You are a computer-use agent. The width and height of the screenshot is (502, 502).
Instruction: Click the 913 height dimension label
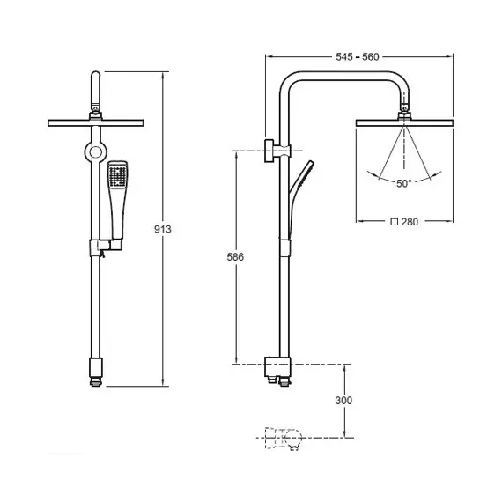163,229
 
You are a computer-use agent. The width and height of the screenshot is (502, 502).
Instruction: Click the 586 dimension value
235,257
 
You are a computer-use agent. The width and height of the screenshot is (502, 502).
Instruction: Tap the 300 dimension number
343,400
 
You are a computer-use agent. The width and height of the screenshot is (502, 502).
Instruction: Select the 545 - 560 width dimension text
358,57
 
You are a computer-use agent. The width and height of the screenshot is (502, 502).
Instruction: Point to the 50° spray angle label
403,183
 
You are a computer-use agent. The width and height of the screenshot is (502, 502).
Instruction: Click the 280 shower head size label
410,222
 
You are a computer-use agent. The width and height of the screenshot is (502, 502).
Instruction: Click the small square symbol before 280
395,222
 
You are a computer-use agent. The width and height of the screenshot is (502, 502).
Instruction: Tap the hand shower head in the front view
118,174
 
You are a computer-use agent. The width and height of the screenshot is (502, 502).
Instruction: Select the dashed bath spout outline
284,438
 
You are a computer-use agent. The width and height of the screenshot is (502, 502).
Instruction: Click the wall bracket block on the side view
269,151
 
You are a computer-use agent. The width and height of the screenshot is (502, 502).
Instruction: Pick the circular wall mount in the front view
95,152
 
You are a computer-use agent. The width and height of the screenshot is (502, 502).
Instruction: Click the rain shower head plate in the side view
404,123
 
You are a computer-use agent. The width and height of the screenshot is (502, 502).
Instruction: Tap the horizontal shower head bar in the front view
96,123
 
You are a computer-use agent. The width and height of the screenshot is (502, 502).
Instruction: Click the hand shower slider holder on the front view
106,247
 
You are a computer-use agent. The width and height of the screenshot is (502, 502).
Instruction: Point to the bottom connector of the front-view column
96,372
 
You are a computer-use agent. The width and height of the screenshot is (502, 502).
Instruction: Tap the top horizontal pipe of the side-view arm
344,76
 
